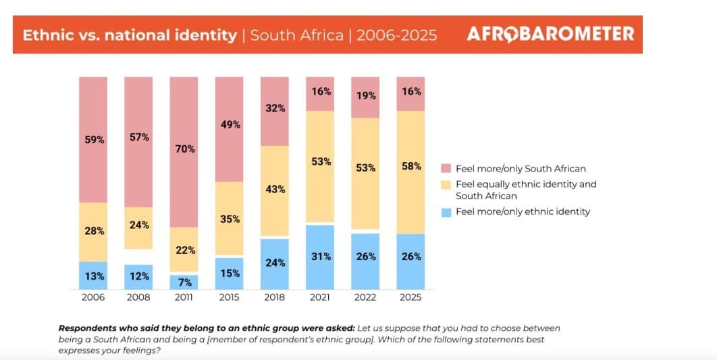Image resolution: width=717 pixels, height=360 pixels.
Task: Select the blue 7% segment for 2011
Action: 184,281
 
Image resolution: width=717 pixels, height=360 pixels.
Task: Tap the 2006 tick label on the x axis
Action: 93,297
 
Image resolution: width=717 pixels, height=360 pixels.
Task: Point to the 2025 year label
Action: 410,297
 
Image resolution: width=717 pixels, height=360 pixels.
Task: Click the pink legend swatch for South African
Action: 446,168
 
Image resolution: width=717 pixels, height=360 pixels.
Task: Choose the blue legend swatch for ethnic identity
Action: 446,211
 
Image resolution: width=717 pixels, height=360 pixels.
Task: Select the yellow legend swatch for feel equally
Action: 446,184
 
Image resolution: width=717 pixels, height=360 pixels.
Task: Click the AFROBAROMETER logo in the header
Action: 550,34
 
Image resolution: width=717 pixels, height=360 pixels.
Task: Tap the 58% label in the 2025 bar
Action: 410,166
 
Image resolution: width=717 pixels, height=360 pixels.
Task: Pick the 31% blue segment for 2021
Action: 320,257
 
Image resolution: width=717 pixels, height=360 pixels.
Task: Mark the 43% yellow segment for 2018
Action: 275,190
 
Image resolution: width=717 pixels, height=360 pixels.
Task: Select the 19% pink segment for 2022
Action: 365,97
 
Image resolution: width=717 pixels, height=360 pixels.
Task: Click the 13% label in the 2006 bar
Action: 93,276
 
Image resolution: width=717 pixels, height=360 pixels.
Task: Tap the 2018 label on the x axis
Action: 275,297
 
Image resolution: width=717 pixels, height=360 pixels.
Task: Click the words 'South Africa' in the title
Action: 297,35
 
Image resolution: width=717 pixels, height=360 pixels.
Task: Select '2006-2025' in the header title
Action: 396,35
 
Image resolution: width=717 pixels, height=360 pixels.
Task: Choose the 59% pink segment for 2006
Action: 93,140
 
